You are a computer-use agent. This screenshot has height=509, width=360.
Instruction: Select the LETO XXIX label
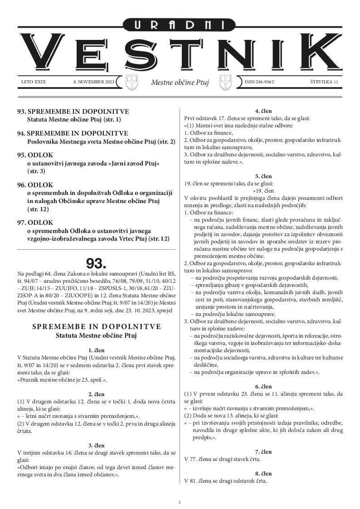coord(34,82)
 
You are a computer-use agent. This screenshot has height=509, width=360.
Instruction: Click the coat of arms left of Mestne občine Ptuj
coord(131,82)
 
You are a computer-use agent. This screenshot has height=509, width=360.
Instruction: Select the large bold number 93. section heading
coord(96,263)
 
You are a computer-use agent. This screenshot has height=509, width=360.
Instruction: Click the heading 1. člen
coord(96,350)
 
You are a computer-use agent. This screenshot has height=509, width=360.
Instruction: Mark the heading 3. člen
coord(96,446)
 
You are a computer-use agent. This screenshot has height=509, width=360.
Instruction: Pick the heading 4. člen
coord(263,110)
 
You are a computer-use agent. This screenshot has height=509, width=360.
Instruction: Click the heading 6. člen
coord(263,386)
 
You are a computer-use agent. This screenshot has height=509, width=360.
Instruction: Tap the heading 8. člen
coord(263,473)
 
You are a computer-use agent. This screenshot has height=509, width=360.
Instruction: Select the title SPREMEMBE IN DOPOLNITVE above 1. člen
coord(96,327)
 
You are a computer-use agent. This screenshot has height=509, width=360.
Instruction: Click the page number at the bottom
coord(180,502)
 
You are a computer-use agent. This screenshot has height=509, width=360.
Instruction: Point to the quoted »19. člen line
coord(263,190)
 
